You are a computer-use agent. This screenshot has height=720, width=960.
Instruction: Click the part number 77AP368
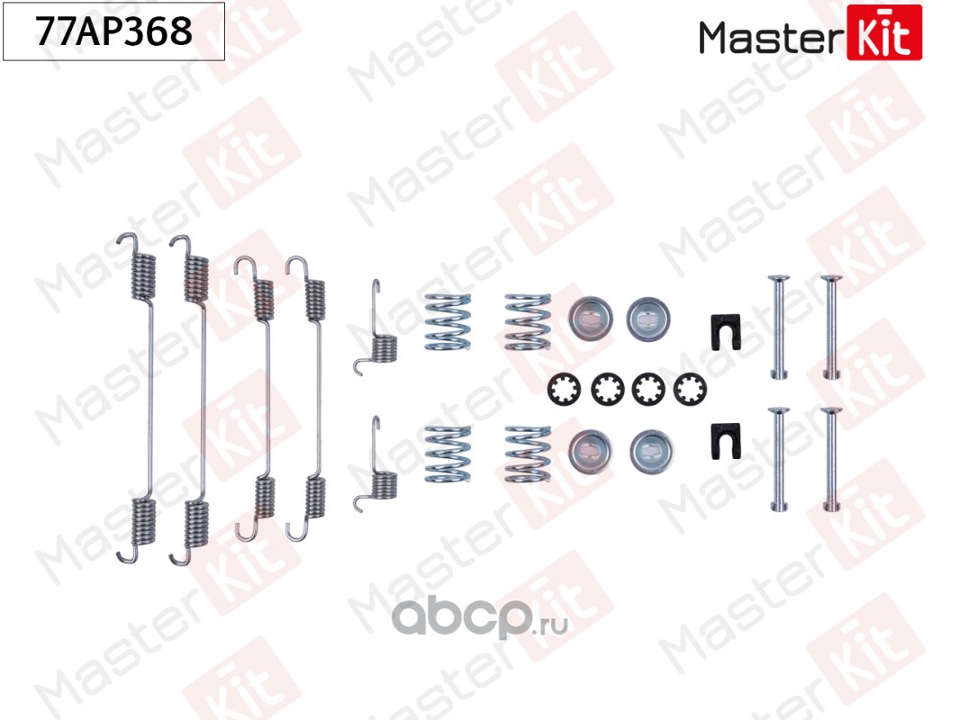tap(113, 31)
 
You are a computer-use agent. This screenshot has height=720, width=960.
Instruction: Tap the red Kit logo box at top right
tap(884, 32)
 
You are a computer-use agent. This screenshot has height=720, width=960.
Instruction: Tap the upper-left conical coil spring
tap(448, 321)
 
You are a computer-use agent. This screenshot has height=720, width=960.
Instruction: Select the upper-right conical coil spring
tap(527, 321)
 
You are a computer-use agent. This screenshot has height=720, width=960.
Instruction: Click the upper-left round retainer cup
tap(590, 317)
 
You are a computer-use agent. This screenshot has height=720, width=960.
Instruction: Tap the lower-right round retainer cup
tap(650, 448)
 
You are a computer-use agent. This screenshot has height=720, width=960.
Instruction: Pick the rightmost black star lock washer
tap(690, 389)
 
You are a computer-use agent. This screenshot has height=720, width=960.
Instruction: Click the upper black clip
tap(723, 330)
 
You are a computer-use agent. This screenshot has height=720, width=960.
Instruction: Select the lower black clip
tap(723, 439)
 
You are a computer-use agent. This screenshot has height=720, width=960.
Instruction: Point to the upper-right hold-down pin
tap(831, 326)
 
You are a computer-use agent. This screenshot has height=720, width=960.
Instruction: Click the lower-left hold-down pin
tap(778, 461)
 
